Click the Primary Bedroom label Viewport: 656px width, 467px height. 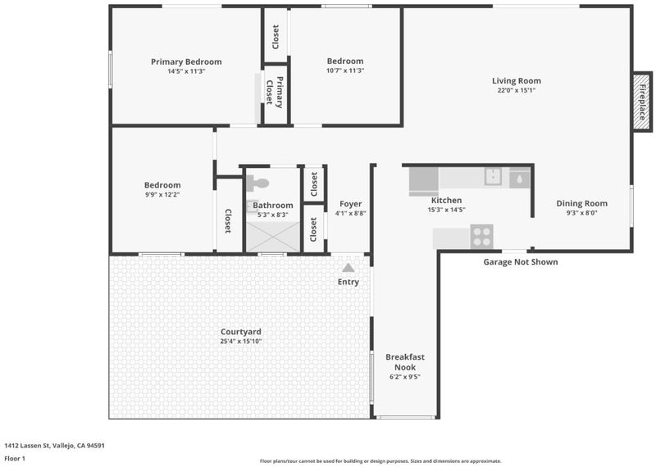tap(186, 62)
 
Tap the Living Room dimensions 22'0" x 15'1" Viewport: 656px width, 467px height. tap(517, 90)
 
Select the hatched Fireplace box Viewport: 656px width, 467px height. tap(642, 102)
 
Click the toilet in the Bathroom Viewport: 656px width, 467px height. tap(257, 184)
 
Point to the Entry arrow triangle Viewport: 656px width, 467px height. tap(348, 268)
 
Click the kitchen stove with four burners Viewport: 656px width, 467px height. tap(481, 237)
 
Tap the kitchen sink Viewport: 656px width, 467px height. tap(494, 176)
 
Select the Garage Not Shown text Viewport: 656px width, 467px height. tap(521, 262)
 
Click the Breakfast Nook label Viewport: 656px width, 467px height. tap(405, 362)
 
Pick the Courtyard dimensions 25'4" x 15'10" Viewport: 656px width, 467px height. tap(241, 341)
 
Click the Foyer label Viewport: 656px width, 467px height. tap(351, 204)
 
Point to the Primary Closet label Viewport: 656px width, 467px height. tap(275, 93)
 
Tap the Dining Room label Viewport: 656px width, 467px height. tap(581, 204)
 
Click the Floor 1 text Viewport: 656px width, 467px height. tap(15, 459)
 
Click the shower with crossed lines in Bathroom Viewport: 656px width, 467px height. tap(273, 237)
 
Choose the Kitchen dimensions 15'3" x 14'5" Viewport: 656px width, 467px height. tap(446, 210)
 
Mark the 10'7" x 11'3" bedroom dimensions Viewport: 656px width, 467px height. tap(345, 70)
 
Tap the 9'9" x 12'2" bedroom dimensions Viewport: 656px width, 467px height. tap(162, 194)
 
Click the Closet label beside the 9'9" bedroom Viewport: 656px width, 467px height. tap(228, 221)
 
